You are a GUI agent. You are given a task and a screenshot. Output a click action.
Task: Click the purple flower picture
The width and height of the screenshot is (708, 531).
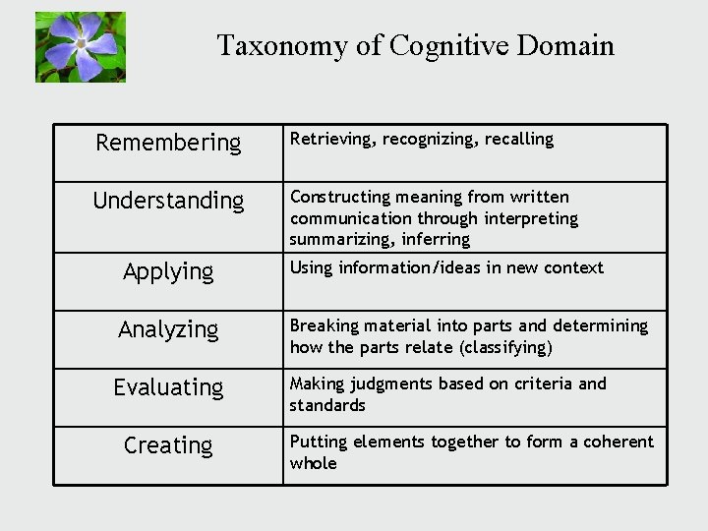point(81,46)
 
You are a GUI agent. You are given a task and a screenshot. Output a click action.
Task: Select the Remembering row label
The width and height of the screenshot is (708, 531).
point(168,143)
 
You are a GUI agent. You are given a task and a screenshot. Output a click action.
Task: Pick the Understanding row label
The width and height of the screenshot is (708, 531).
point(168,201)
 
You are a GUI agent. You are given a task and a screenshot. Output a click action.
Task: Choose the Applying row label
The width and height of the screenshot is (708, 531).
point(168,271)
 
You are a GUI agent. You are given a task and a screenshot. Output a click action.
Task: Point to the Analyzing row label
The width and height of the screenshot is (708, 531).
point(168,329)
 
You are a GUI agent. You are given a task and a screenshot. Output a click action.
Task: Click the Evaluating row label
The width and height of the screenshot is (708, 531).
point(168,387)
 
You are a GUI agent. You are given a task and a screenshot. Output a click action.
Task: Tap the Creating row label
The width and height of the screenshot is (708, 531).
point(168,445)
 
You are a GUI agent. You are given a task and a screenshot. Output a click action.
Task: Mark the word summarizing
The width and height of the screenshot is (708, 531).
point(338,240)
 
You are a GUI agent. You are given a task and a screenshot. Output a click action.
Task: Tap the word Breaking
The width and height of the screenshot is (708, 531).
point(323,325)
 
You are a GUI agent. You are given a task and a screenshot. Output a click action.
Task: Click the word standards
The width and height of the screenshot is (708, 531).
point(327,405)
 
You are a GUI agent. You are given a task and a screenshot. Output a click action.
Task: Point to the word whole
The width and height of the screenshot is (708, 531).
point(313,463)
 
